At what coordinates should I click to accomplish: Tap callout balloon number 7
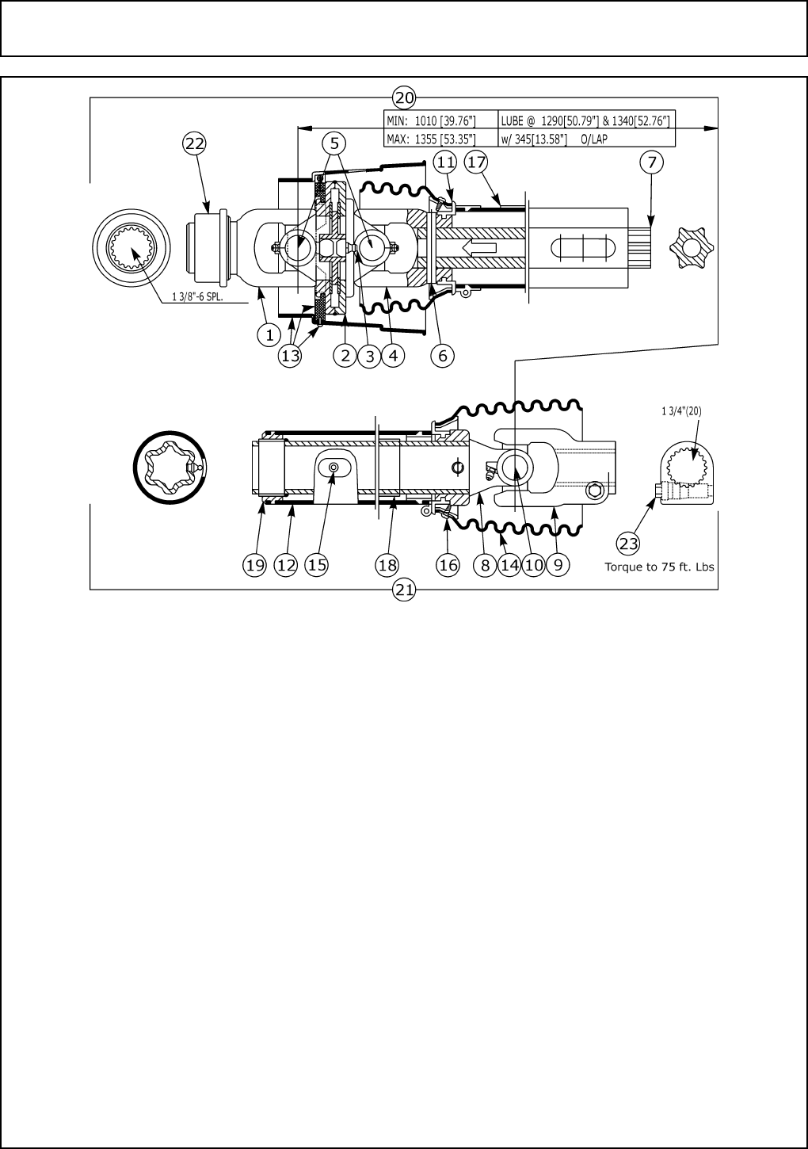point(651,162)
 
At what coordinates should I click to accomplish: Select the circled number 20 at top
point(404,98)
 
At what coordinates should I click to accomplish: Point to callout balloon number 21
point(404,590)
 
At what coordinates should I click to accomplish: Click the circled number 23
point(628,543)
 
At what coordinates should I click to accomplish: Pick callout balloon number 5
point(334,143)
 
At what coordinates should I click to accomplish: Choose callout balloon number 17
point(475,162)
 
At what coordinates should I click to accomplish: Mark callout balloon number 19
point(254,565)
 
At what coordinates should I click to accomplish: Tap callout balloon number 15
point(317,565)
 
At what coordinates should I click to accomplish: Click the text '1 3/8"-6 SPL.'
point(200,298)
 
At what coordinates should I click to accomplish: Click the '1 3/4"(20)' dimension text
point(682,411)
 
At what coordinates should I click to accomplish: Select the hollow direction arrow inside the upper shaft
point(480,247)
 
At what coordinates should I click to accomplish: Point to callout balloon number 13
point(291,356)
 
